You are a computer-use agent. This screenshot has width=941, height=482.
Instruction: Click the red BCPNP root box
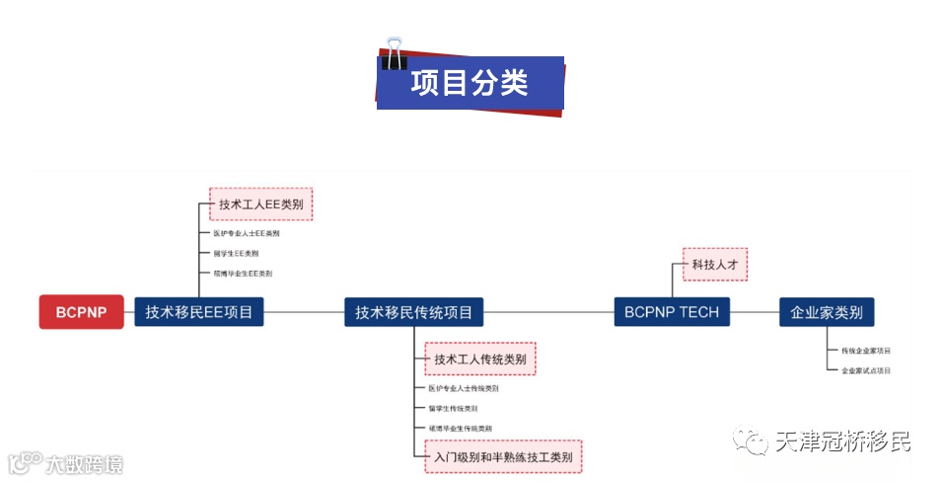tap(81, 312)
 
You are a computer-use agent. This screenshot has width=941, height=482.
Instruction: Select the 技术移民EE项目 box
tap(198, 312)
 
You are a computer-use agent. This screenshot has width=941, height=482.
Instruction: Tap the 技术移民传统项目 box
tap(414, 312)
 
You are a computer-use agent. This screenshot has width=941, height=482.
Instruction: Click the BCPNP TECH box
tap(672, 312)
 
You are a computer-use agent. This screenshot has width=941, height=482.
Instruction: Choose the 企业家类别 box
tap(826, 312)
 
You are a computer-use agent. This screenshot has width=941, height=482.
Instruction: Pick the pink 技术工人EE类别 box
tap(260, 204)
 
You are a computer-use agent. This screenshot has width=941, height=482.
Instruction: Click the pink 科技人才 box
tap(715, 265)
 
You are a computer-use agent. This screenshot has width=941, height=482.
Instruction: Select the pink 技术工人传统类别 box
tap(480, 360)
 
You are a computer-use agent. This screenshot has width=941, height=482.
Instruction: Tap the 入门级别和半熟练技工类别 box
tap(503, 457)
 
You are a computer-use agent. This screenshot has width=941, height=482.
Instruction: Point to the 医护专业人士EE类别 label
tap(247, 234)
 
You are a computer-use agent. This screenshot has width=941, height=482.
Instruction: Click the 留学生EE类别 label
tap(236, 254)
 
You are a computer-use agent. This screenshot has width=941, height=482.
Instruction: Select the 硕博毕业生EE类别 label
tap(243, 274)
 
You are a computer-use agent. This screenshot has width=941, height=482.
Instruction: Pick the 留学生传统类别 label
tap(453, 408)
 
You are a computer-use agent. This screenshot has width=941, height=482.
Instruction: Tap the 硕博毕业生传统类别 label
tap(460, 428)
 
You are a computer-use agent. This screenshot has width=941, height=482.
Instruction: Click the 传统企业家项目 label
tap(865, 351)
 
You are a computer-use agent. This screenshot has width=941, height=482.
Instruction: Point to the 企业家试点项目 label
tap(865, 370)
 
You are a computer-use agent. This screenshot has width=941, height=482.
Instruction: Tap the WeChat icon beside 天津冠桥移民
tap(755, 442)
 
